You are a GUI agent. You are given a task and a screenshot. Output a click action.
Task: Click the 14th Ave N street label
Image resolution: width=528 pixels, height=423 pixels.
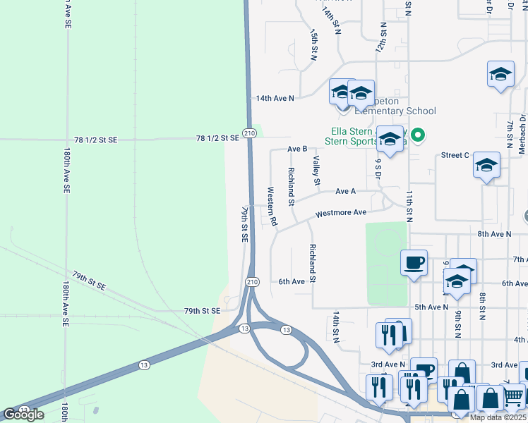pyautogui.click(x=275, y=98)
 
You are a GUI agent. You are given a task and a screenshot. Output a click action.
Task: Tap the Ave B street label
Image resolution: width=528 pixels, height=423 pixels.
pyautogui.click(x=297, y=149)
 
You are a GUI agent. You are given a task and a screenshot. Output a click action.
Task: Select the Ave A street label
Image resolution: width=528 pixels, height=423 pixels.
pyautogui.click(x=345, y=191)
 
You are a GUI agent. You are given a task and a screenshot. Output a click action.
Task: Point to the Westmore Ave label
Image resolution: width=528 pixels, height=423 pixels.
pyautogui.click(x=341, y=213)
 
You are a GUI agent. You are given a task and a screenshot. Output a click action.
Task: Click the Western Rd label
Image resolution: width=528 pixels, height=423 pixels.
pyautogui.click(x=271, y=207)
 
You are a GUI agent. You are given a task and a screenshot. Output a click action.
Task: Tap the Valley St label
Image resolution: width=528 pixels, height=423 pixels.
pyautogui.click(x=317, y=171)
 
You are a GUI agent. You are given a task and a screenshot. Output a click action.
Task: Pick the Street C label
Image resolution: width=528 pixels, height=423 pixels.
pyautogui.click(x=455, y=155)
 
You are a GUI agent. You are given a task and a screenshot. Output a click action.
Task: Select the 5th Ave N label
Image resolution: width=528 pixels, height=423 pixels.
pyautogui.click(x=431, y=307)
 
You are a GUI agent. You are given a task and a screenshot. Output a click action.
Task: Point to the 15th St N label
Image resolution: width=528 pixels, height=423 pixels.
pyautogui.click(x=315, y=44)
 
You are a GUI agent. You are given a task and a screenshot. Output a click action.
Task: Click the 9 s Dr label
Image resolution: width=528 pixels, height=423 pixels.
pyautogui.click(x=378, y=169)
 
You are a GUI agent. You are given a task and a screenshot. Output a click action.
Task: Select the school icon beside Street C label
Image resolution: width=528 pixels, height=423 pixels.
pyautogui.click(x=486, y=166)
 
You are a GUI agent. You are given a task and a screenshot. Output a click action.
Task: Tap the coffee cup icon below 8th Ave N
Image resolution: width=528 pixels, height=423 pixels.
pyautogui.click(x=414, y=264)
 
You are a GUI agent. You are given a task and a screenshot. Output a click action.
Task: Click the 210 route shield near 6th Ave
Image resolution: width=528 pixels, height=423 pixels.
pyautogui.click(x=252, y=281)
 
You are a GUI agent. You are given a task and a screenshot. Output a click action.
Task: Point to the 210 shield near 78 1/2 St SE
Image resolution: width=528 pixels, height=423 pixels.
pyautogui.click(x=248, y=133)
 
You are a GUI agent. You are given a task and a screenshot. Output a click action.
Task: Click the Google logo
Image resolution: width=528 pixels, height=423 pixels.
pyautogui.click(x=23, y=414)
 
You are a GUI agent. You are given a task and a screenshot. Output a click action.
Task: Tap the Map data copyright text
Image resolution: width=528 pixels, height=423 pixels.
pyautogui.click(x=497, y=417)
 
